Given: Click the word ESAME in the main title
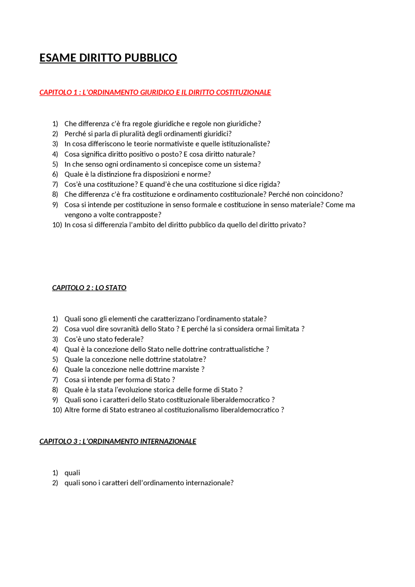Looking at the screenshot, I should point(58,58).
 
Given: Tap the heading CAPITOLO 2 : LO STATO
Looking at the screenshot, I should point(89,288).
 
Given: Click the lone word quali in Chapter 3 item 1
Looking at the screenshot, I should point(72,473).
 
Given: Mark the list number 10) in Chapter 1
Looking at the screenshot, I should point(57,225).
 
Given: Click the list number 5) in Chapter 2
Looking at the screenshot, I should point(55,359).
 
